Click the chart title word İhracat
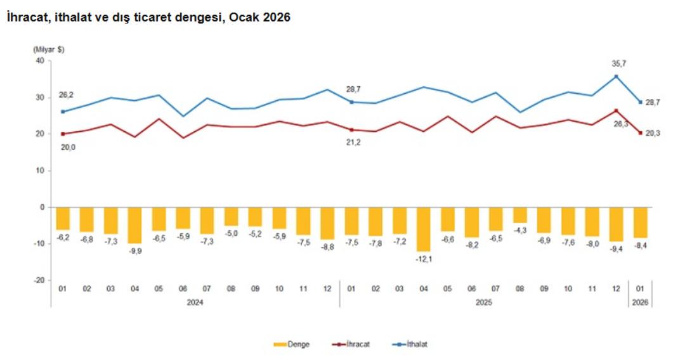tap(27, 18)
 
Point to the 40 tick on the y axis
tap(39, 61)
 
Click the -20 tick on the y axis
tap(37, 280)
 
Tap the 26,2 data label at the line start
tap(67, 94)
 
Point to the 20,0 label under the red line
tap(67, 147)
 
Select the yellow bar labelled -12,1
tap(424, 229)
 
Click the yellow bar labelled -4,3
tap(519, 215)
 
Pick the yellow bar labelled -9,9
tap(134, 225)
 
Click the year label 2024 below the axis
tap(195, 302)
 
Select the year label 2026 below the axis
tap(640, 302)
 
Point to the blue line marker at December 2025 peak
tap(616, 77)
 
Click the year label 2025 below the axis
tap(483, 302)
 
